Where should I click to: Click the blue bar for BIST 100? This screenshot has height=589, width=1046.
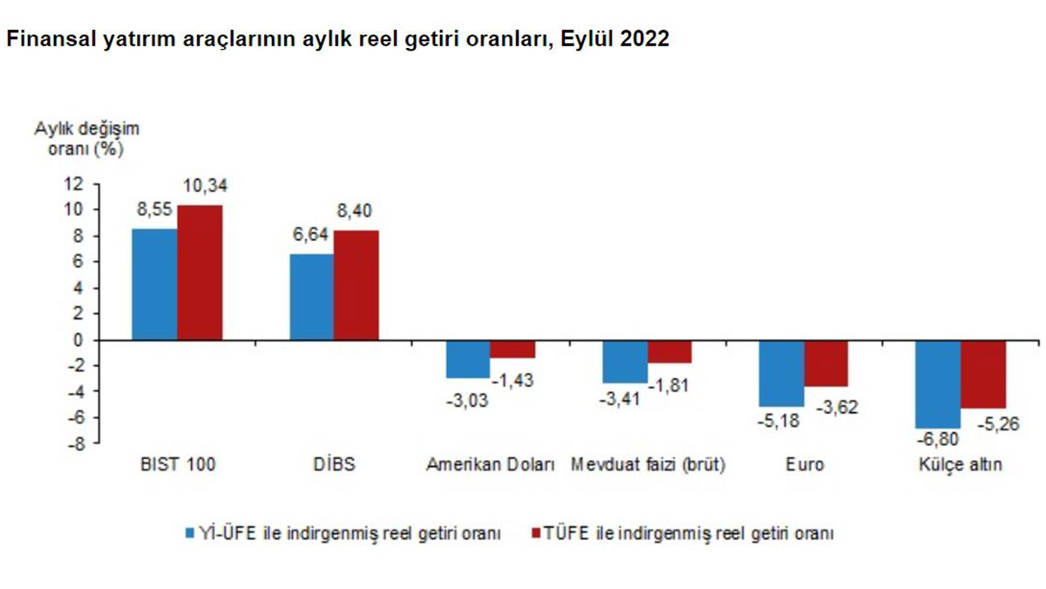[x=154, y=284]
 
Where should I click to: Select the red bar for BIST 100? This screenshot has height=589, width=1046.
[x=200, y=272]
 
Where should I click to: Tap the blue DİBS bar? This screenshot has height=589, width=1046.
[x=311, y=297]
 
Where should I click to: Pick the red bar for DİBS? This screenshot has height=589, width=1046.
[x=356, y=284]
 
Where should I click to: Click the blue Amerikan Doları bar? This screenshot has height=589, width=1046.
[x=467, y=359]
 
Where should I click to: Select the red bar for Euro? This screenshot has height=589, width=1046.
[x=825, y=363]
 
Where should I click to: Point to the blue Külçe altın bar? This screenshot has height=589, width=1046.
[x=938, y=383]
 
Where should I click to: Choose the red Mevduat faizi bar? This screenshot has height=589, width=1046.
[x=669, y=351]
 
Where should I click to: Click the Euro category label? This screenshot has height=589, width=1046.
[x=804, y=466]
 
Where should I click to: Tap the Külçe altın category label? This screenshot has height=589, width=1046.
[x=959, y=466]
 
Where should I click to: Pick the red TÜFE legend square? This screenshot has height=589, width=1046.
[x=535, y=532]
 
